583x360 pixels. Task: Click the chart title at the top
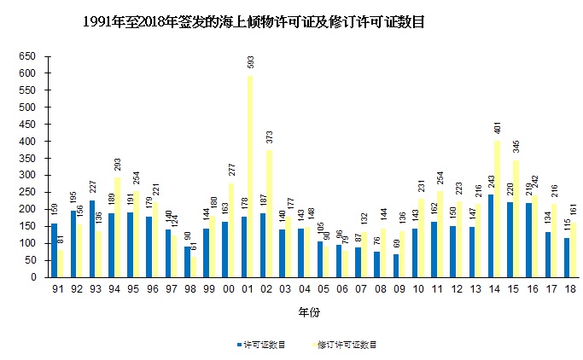pos(254,23)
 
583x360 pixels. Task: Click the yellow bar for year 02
pos(269,213)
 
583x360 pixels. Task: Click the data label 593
pos(250,64)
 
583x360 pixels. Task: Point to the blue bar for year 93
pos(91,238)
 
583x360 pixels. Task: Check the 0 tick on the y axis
pos(32,277)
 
